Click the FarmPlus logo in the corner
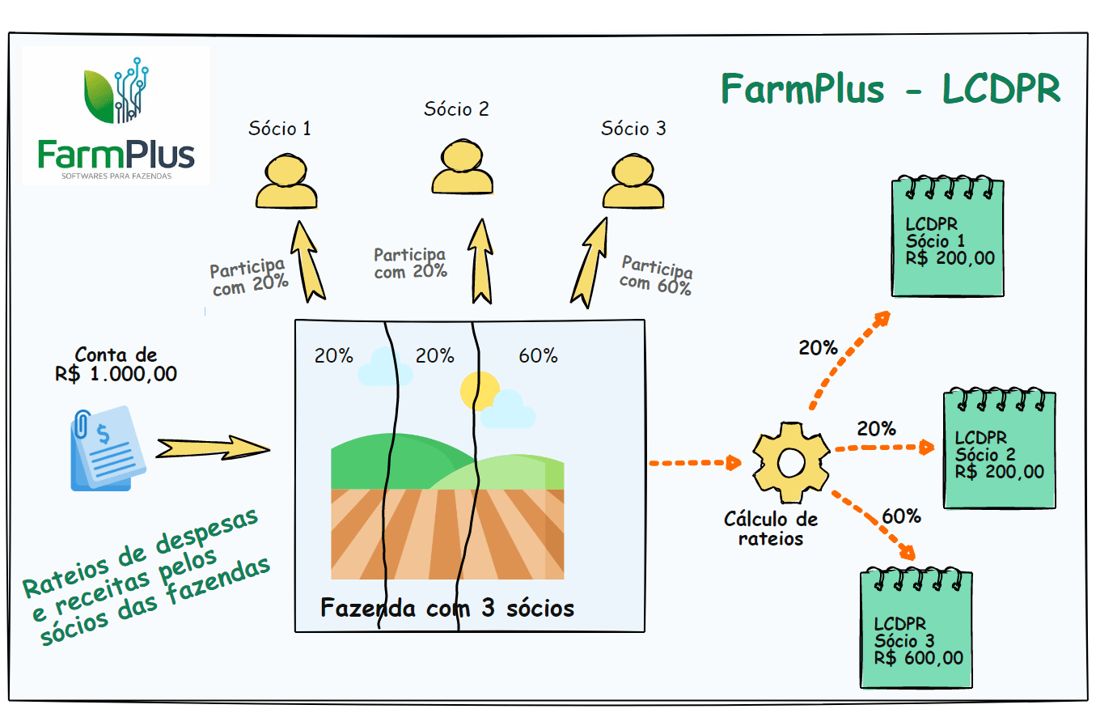coord(116,116)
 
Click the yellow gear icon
coord(790,462)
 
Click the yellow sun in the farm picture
coord(479,391)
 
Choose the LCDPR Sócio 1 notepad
coord(946,236)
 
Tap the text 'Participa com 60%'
coord(656,275)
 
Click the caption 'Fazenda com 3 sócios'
coord(447,607)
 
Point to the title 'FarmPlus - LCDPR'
coord(890,89)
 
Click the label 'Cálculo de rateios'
coord(771,528)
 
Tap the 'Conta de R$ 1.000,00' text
coord(116,364)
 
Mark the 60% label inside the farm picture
coord(538,355)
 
